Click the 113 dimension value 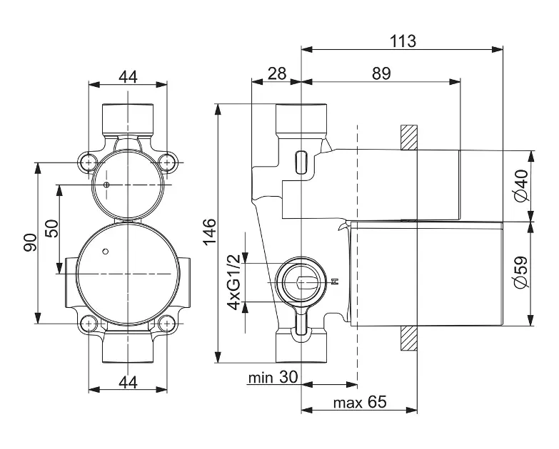(403, 41)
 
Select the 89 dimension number (381, 73)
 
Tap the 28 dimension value (277, 73)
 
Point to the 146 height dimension (210, 232)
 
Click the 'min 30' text (273, 378)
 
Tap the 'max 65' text (360, 403)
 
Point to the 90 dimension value (30, 242)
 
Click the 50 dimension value (51, 229)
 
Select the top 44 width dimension (128, 77)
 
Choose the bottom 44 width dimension (128, 383)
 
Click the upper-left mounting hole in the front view (88, 162)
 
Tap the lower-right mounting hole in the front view (166, 324)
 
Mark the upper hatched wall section (409, 138)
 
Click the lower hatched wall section (409, 339)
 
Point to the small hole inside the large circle (105, 252)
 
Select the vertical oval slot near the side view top (301, 163)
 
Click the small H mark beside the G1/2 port (335, 282)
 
